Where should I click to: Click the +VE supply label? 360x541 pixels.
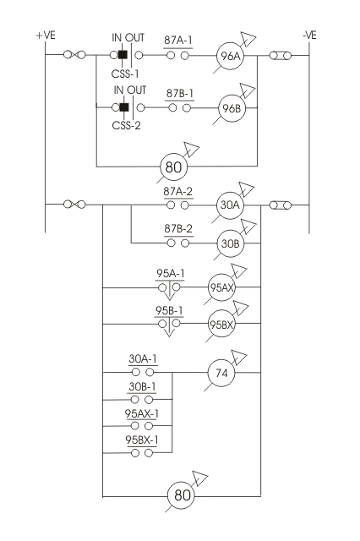46,36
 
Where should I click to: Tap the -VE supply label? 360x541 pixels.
309,36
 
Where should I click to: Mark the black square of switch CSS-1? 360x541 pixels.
123,55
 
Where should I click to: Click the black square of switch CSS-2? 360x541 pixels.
124,107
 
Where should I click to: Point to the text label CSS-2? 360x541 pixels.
126,125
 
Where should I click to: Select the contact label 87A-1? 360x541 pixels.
178,41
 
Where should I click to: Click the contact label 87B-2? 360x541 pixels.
178,229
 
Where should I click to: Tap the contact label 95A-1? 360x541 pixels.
171,274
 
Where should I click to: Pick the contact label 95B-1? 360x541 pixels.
169,310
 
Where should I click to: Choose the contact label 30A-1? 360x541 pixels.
143,358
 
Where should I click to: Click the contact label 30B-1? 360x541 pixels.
142,387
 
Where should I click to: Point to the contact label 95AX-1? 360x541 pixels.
142,413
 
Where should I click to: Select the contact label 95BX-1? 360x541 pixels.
142,440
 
